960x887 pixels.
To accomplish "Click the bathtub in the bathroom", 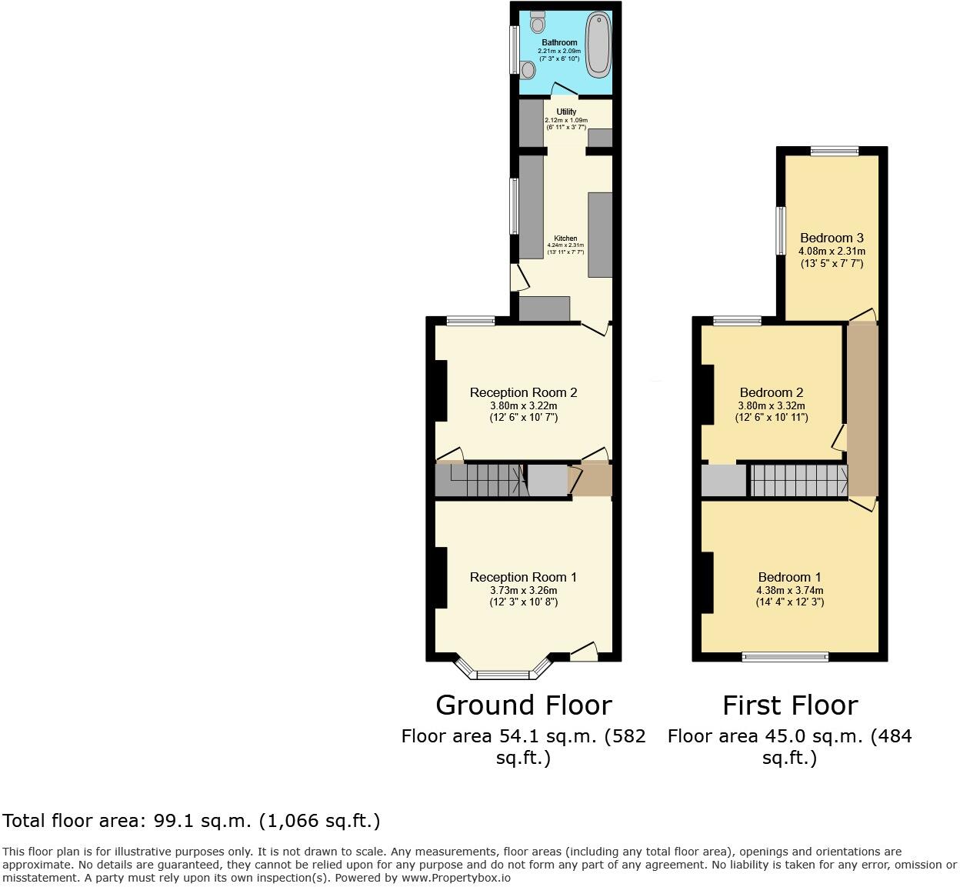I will pyautogui.click(x=597, y=45).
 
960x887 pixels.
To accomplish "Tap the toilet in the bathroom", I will pyautogui.click(x=537, y=22).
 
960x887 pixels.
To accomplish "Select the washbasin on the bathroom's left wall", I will pyautogui.click(x=528, y=70).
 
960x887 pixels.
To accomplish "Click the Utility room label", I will pyautogui.click(x=566, y=112).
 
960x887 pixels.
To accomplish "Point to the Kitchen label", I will pyautogui.click(x=565, y=238).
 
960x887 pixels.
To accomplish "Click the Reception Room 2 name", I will pyautogui.click(x=523, y=392).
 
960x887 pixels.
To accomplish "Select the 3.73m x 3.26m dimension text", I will pyautogui.click(x=523, y=590).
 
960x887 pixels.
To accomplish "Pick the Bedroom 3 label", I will pyautogui.click(x=832, y=238).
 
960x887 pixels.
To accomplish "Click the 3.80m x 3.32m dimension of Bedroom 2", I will pyautogui.click(x=772, y=406).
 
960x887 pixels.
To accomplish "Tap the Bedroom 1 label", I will pyautogui.click(x=789, y=577).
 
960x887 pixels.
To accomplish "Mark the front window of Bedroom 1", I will pyautogui.click(x=785, y=656).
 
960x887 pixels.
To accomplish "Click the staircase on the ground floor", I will pyautogui.click(x=485, y=482).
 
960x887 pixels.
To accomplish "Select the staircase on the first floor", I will pyautogui.click(x=798, y=481).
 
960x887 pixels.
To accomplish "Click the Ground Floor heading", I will pyautogui.click(x=523, y=705).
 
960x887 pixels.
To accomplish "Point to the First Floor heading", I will pyautogui.click(x=789, y=705).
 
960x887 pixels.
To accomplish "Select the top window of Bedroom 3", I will pyautogui.click(x=834, y=151).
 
